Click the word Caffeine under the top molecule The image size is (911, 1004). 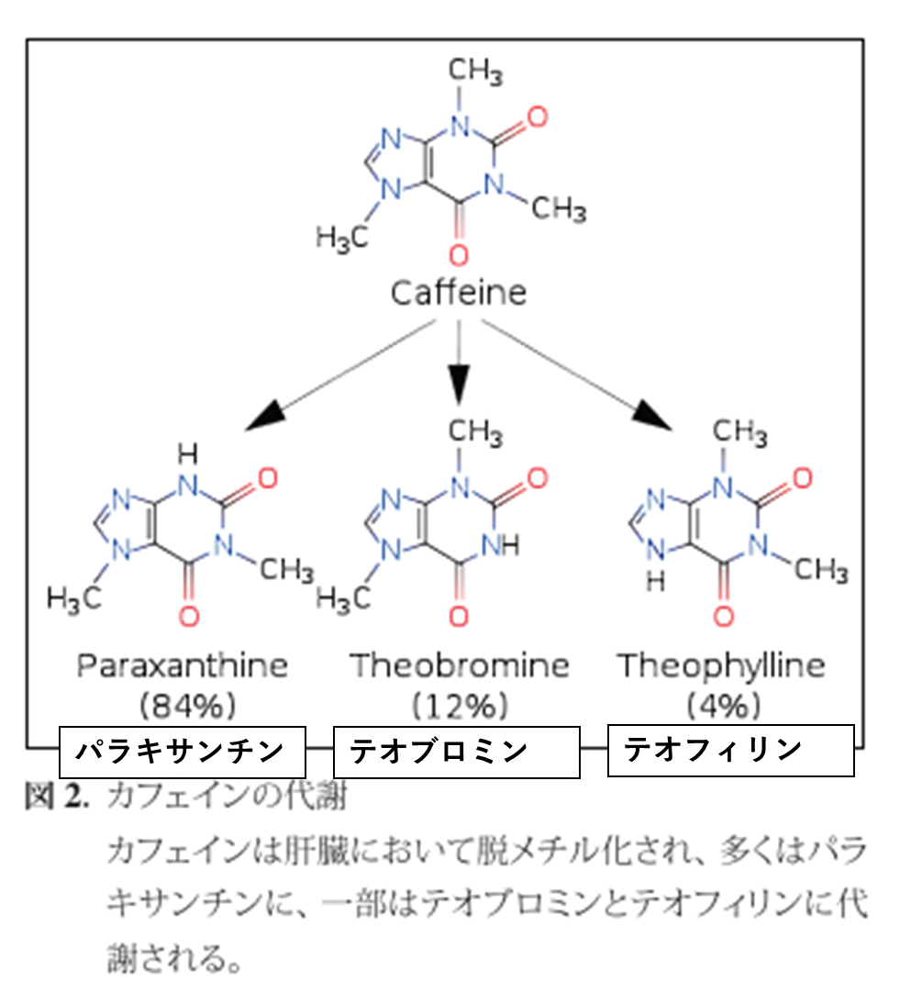[x=459, y=294]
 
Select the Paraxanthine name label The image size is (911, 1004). [x=182, y=665]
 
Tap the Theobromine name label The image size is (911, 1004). [x=459, y=665]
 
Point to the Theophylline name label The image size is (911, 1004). [x=720, y=665]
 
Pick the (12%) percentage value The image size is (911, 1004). [x=459, y=706]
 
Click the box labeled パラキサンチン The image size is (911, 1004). [x=182, y=753]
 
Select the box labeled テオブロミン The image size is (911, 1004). [x=456, y=753]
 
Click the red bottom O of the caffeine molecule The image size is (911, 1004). [x=459, y=252]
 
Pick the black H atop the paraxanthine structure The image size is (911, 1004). [x=187, y=452]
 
